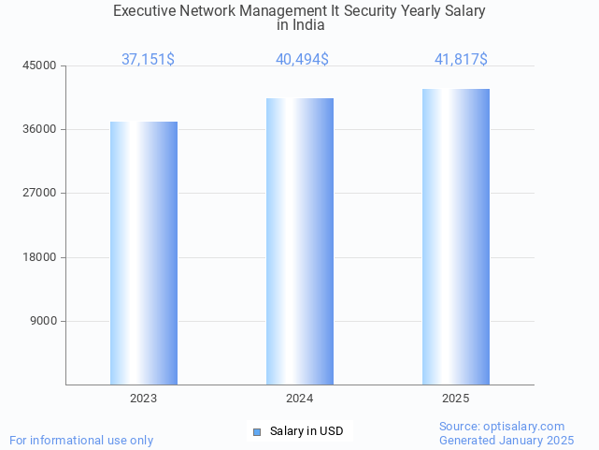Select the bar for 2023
[x=144, y=253]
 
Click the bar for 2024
[x=300, y=241]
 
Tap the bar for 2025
[x=456, y=237]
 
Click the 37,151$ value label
[x=148, y=60]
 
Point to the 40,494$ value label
[x=302, y=60]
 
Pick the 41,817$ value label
[x=461, y=60]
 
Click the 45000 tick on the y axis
[x=40, y=65]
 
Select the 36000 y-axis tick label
[x=40, y=129]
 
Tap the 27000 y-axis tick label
[x=40, y=193]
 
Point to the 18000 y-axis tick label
[x=40, y=257]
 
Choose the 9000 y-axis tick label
[x=43, y=321]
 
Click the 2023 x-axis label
[x=144, y=399]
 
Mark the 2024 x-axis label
[x=300, y=399]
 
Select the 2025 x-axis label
[x=456, y=399]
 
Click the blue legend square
[x=257, y=431]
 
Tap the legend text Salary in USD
[x=307, y=431]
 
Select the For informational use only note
[x=81, y=440]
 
